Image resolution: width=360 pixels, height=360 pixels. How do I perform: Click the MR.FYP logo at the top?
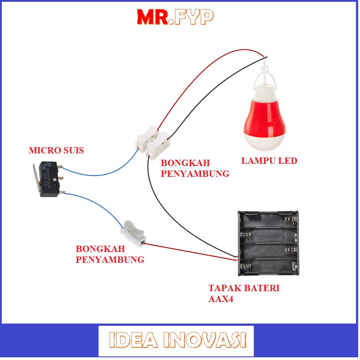coord(175,17)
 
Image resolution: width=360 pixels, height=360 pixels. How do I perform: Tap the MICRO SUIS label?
coord(56,150)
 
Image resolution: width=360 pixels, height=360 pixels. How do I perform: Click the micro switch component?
coord(50,179)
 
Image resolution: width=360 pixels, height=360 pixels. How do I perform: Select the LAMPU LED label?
coord(269,161)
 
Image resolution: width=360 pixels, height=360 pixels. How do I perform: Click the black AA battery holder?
coord(269,243)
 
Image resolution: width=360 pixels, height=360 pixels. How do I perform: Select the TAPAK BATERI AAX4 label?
coord(243,293)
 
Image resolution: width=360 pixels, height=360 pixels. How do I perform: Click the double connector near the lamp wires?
coord(154,141)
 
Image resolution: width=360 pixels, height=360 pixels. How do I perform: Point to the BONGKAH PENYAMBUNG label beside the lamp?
coord(195,168)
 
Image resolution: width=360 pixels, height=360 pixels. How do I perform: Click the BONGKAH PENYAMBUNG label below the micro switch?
coord(110,254)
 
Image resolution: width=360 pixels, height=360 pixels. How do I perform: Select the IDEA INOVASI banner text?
coord(177,340)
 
